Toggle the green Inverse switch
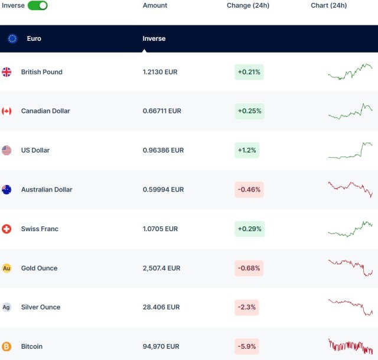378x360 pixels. point(38,5)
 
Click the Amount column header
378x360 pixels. point(155,5)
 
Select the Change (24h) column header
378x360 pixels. point(248,5)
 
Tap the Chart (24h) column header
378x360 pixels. point(329,5)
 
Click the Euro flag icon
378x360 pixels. point(12,38)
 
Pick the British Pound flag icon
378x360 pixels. point(6,72)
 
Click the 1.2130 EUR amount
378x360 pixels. point(160,72)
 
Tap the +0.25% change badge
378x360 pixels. point(249,111)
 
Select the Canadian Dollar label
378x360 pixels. point(45,111)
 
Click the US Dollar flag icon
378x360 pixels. point(6,150)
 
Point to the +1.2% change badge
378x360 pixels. point(247,150)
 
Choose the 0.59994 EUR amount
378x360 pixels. point(163,190)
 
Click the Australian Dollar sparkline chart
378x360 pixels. point(350,189)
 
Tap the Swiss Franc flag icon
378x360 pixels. point(6,229)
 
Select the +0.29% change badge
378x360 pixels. point(249,229)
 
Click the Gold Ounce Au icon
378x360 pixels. point(6,268)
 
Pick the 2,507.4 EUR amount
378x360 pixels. point(161,268)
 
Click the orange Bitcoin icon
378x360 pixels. point(6,346)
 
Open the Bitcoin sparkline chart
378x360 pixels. point(350,346)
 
